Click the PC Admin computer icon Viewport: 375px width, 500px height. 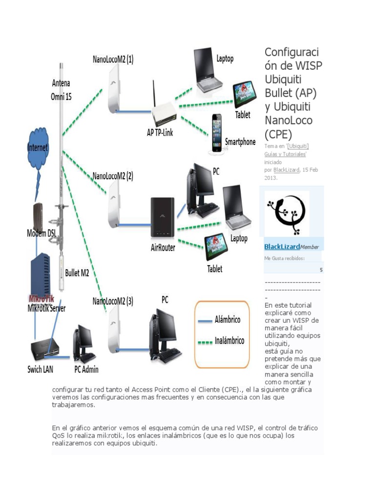(84, 344)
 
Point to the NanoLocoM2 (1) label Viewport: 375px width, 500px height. (113, 60)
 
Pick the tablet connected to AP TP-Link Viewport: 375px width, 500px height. (244, 94)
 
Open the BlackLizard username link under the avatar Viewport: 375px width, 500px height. (282, 247)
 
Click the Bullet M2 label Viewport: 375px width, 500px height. (77, 273)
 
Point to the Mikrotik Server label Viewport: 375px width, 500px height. (46, 308)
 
